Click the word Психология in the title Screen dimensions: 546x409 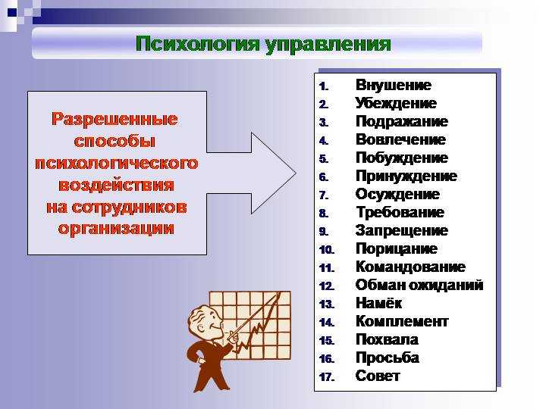[198, 45]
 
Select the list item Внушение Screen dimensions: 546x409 [394, 85]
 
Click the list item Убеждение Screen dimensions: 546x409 [396, 103]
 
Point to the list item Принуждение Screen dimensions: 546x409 [406, 176]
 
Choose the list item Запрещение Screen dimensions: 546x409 [402, 230]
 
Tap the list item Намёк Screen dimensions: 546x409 [379, 303]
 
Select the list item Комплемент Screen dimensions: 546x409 [402, 321]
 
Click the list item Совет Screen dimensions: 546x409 [378, 376]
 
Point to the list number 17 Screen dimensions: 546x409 [327, 376]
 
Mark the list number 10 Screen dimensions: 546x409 [327, 250]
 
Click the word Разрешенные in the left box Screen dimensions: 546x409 [115, 120]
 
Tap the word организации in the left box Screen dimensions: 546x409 [116, 229]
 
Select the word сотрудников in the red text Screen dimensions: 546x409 [130, 208]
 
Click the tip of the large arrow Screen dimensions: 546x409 [296, 173]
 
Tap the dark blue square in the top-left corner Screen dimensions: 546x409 [12, 13]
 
